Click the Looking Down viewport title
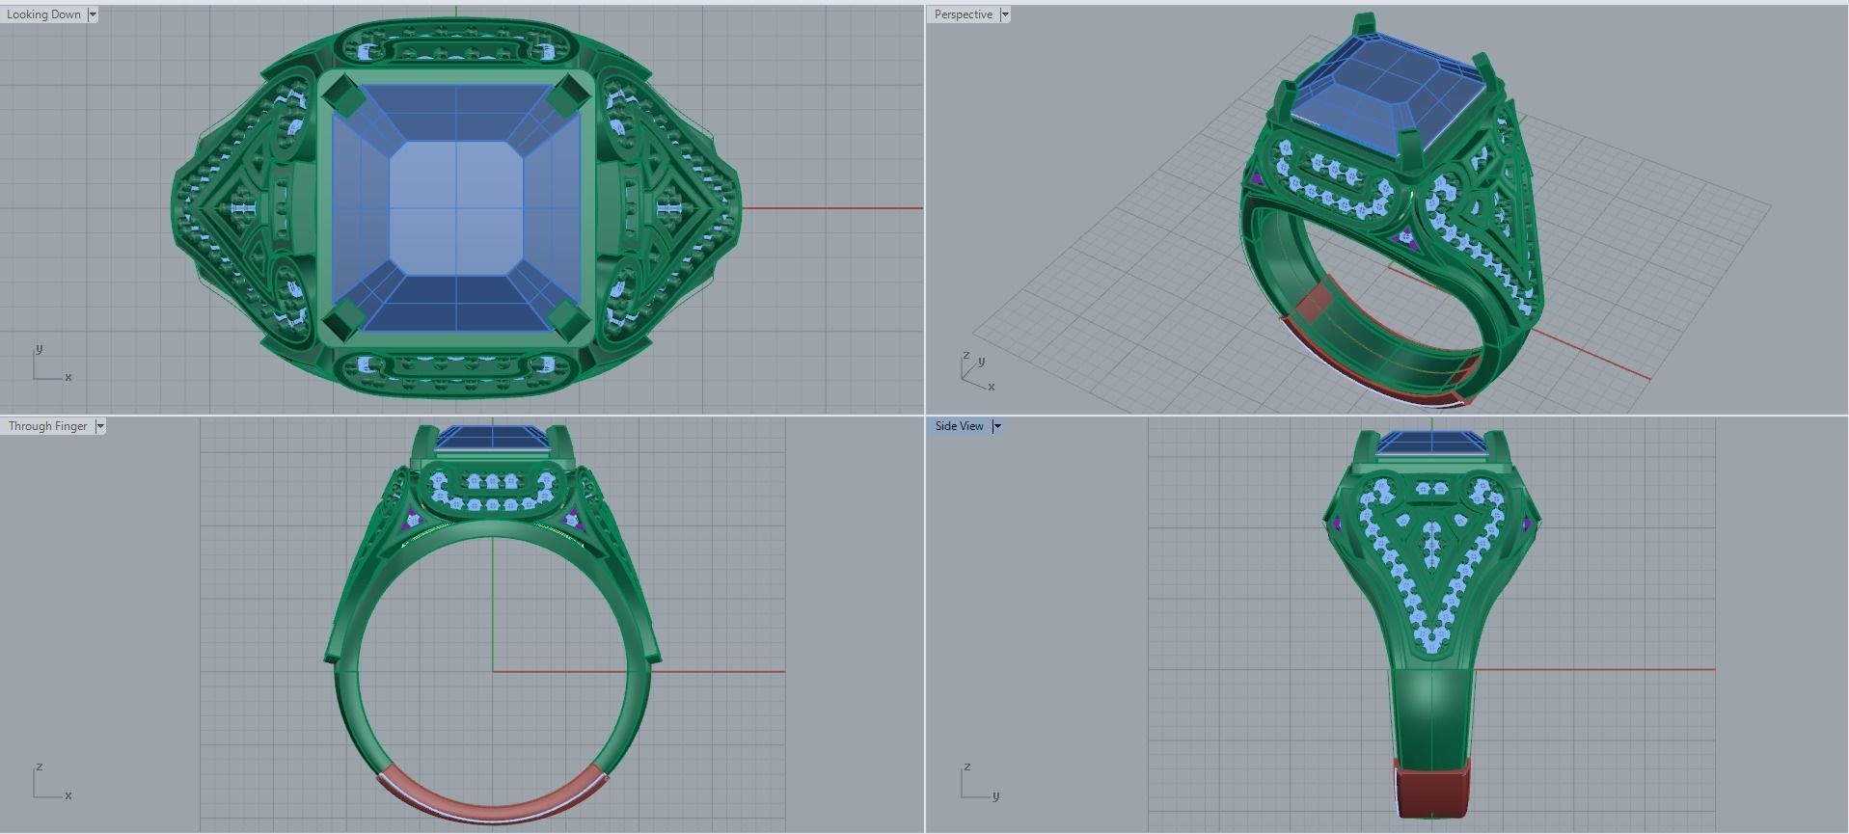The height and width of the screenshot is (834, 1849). click(x=43, y=14)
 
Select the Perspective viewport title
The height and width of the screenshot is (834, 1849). click(x=963, y=14)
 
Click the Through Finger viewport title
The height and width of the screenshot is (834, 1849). click(x=47, y=426)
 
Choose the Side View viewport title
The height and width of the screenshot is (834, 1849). click(x=959, y=426)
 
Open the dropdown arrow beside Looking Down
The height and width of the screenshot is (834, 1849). click(x=93, y=14)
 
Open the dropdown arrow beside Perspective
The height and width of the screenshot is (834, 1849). click(x=1005, y=14)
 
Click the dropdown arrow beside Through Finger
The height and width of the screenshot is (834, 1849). click(x=100, y=426)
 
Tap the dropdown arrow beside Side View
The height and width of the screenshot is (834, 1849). click(x=997, y=426)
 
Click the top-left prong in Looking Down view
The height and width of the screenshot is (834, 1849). click(x=340, y=94)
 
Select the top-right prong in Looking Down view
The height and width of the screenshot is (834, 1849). click(x=569, y=93)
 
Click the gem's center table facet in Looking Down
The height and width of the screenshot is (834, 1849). click(x=456, y=206)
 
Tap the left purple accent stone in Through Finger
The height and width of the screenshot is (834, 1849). click(x=415, y=520)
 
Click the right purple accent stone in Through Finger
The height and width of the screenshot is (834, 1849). click(x=572, y=520)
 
